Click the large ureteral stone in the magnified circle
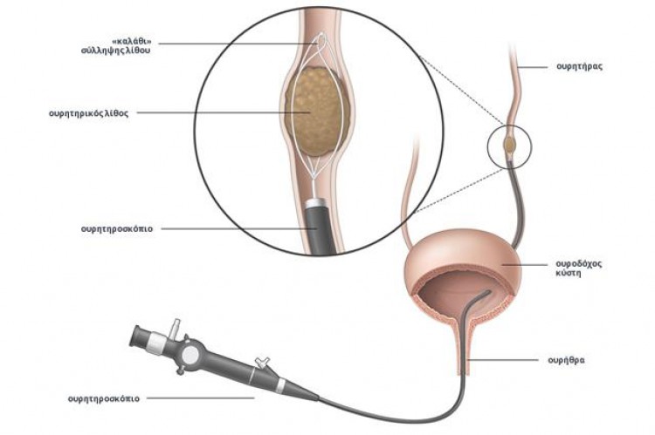[x=317, y=112]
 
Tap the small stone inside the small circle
[x=510, y=145]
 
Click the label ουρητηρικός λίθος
[x=88, y=113]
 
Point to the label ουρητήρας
[x=579, y=67]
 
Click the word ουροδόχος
[x=578, y=264]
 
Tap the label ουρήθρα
[x=566, y=360]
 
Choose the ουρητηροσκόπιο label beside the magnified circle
[x=117, y=229]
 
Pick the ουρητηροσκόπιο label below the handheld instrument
[x=104, y=398]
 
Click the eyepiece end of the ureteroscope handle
[x=141, y=336]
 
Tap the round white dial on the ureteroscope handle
[x=191, y=355]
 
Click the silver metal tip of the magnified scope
[x=316, y=202]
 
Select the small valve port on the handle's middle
[x=263, y=362]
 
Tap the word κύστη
[x=569, y=274]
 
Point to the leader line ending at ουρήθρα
[x=503, y=359]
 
